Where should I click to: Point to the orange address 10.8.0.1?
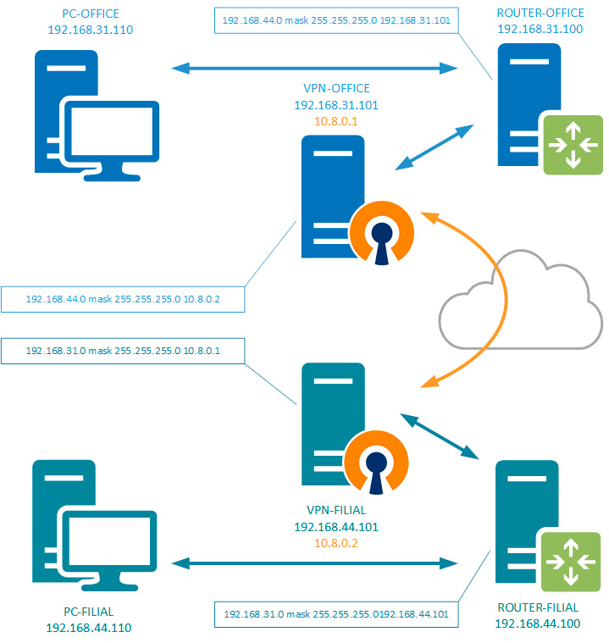(x=335, y=121)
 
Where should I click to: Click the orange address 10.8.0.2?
(x=335, y=543)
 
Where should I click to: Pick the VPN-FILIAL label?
(x=335, y=511)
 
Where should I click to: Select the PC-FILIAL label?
(x=89, y=612)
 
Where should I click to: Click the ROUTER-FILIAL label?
(x=538, y=607)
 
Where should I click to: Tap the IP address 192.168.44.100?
(x=538, y=623)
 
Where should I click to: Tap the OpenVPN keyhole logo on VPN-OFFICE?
(x=380, y=232)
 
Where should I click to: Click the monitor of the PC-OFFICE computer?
(x=109, y=136)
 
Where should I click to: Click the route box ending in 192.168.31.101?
(x=336, y=19)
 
